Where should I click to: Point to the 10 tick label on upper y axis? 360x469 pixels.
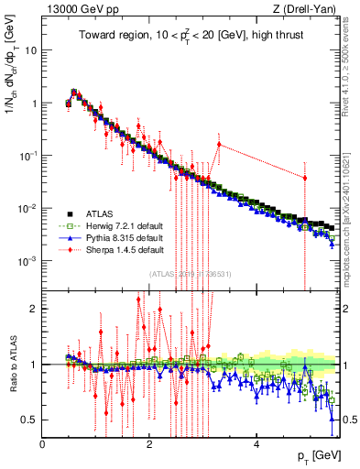[x=32, y=50]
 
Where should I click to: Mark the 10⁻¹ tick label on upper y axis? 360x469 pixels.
[x=29, y=156]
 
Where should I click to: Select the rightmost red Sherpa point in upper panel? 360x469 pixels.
[x=305, y=178]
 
